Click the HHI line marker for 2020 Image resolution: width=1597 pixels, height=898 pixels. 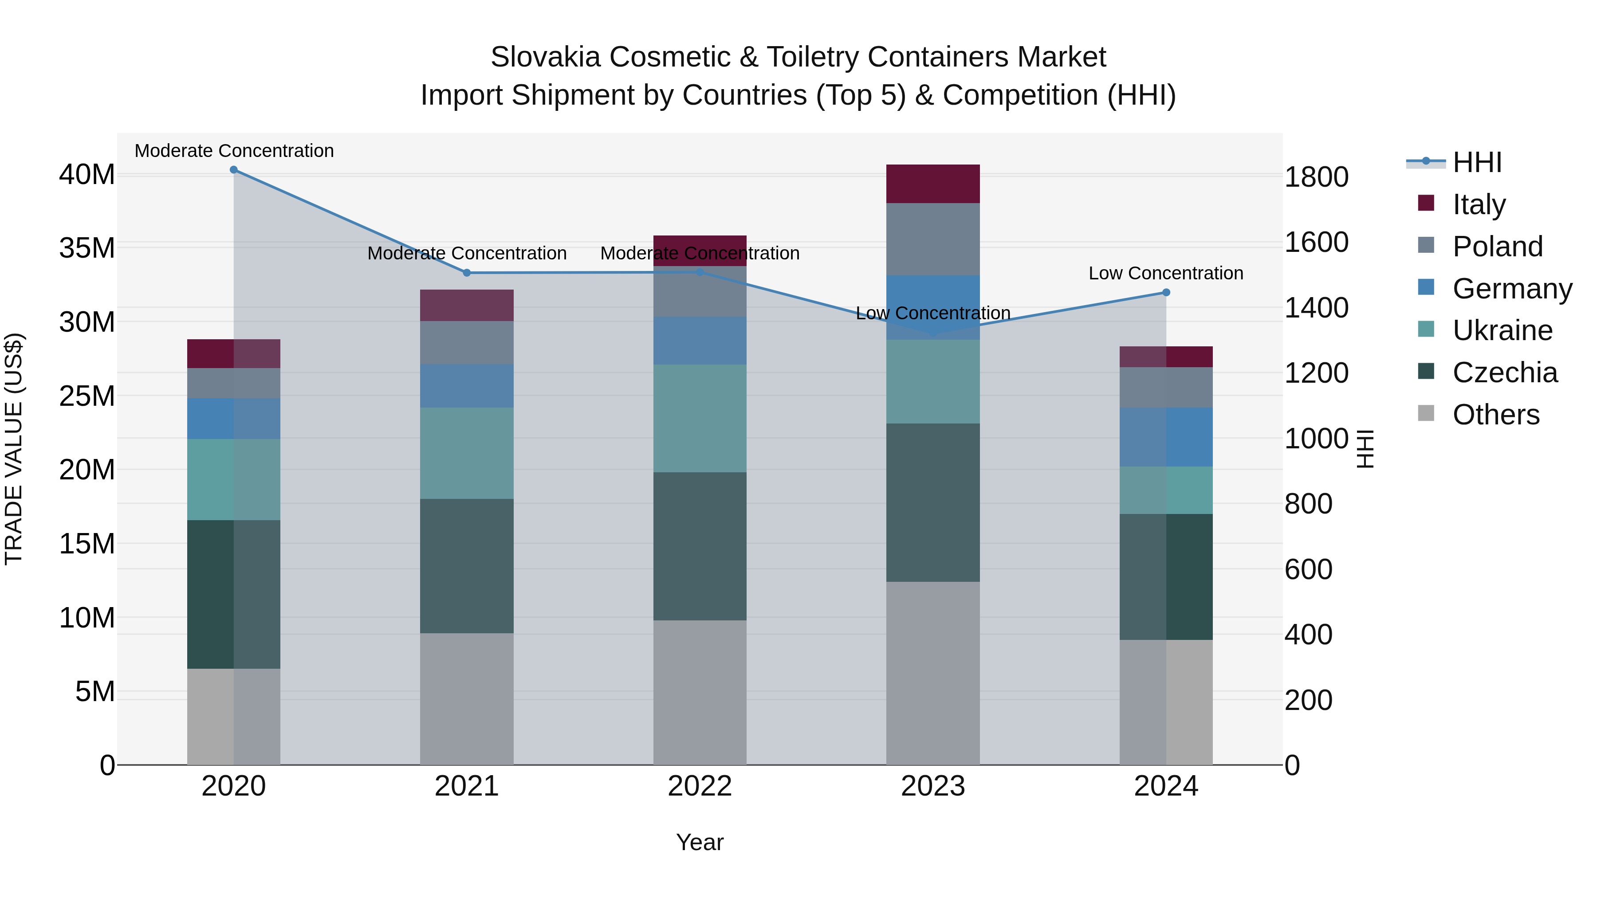pos(234,170)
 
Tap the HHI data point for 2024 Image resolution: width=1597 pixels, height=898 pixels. pos(1166,293)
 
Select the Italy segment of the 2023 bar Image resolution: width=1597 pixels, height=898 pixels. pos(933,184)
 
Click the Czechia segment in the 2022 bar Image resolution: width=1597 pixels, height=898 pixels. pos(700,546)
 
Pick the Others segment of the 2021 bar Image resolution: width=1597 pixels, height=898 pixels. pos(467,698)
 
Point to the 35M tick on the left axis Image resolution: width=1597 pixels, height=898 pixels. pos(87,248)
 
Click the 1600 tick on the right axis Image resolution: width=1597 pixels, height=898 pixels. pos(1316,242)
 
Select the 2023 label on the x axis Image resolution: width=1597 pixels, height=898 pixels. pos(933,786)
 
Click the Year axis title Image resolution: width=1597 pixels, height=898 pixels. pos(700,842)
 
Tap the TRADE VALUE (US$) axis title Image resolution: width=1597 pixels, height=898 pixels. pos(14,449)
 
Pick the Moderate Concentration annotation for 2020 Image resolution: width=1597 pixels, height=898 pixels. pos(234,151)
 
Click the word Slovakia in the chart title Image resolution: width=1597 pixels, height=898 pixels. pos(546,57)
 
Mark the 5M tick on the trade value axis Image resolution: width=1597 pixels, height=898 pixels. pos(95,692)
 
